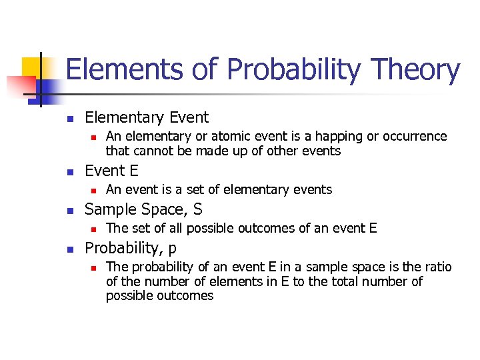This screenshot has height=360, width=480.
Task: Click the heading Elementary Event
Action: [147, 118]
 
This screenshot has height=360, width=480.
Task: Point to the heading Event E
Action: [111, 171]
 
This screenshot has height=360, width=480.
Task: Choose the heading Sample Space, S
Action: [143, 209]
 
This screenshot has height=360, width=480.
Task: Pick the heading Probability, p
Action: [131, 248]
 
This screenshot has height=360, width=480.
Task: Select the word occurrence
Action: [414, 137]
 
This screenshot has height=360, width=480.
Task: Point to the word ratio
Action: [437, 267]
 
